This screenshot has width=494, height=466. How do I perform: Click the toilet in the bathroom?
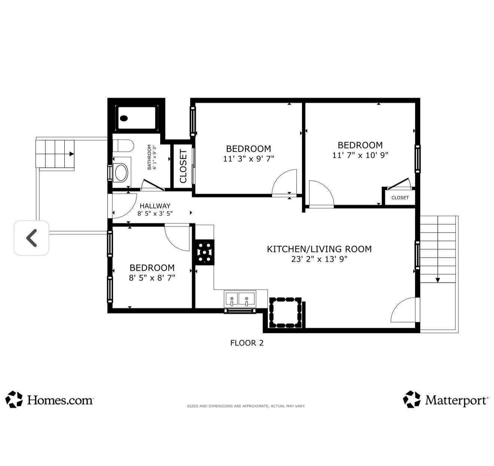pyautogui.click(x=124, y=146)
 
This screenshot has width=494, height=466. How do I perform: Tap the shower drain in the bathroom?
pyautogui.click(x=124, y=118)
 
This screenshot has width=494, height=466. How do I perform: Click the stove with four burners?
pyautogui.click(x=204, y=252)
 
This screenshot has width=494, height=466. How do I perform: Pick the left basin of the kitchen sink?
pyautogui.click(x=232, y=299)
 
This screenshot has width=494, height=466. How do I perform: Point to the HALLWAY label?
pyautogui.click(x=155, y=206)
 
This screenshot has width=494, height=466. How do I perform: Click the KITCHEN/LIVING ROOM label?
pyautogui.click(x=319, y=249)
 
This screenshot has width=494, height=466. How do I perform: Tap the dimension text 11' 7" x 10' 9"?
pyautogui.click(x=360, y=155)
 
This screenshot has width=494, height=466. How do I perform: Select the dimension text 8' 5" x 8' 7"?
pyautogui.click(x=152, y=278)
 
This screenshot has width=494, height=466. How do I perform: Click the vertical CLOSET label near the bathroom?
pyautogui.click(x=183, y=166)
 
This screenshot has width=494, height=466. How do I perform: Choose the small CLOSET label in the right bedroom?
pyautogui.click(x=400, y=198)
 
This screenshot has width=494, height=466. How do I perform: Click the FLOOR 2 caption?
pyautogui.click(x=247, y=343)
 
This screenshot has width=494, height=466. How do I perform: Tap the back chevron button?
pyautogui.click(x=31, y=238)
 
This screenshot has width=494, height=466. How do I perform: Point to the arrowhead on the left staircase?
pyautogui.click(x=71, y=154)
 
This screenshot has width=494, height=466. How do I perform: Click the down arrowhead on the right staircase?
pyautogui.click(x=438, y=280)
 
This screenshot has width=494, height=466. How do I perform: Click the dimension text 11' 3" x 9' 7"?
pyautogui.click(x=248, y=159)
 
